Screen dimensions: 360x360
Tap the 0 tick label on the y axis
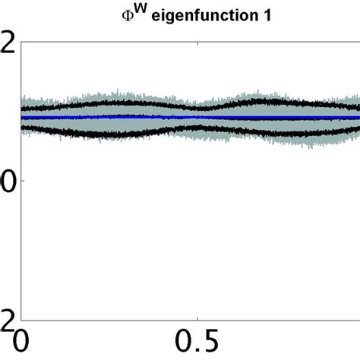point(7,181)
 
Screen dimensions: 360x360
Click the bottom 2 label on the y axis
point(7,319)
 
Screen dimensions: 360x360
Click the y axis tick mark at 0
point(24,181)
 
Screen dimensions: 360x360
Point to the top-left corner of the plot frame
point(22,42)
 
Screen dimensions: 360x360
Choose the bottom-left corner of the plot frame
point(22,320)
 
